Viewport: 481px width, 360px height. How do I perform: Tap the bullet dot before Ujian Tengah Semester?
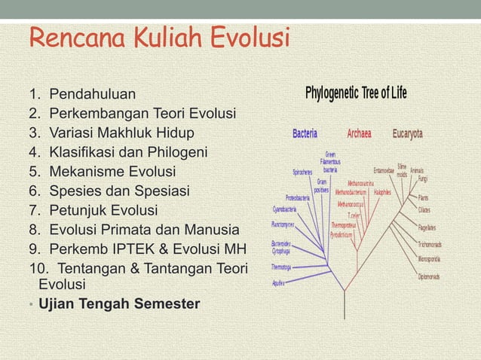click(31, 306)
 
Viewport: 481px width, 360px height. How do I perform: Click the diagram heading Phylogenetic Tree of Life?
click(355, 94)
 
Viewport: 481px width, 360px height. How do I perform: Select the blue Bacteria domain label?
click(310, 134)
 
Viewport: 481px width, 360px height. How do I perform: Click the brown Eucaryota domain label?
click(407, 134)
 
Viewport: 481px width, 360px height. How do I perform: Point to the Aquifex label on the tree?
click(279, 283)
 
